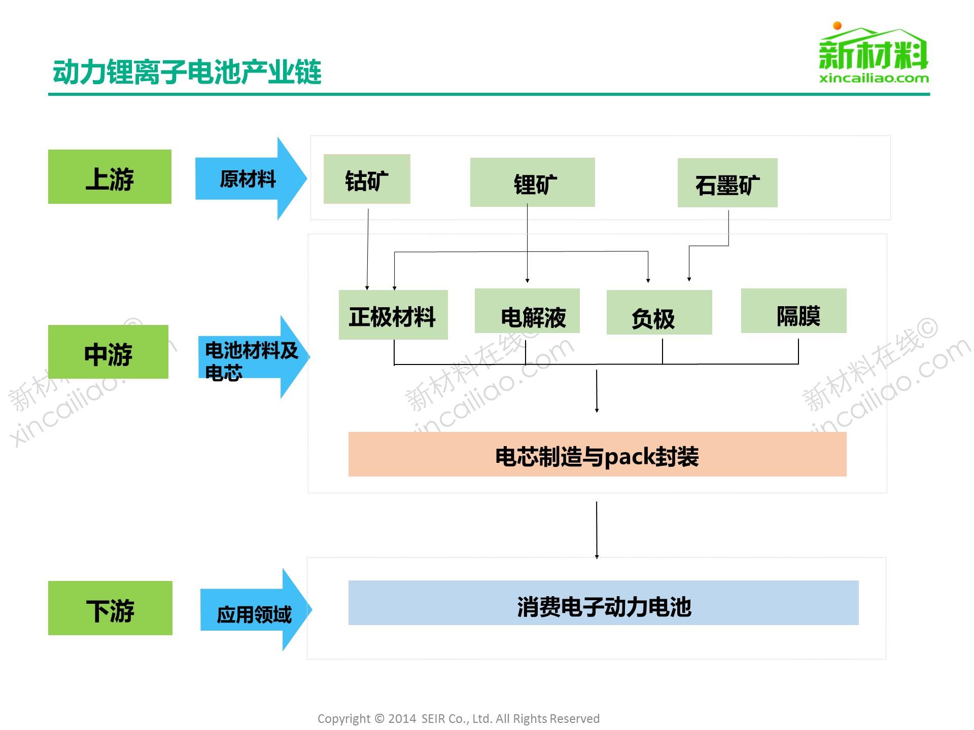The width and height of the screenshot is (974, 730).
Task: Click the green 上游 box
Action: (110, 177)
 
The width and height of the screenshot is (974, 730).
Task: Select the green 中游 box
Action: (108, 352)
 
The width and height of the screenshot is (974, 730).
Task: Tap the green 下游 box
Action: (110, 608)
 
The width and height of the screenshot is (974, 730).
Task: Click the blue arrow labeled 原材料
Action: (249, 178)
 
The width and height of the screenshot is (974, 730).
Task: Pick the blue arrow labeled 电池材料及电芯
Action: (251, 357)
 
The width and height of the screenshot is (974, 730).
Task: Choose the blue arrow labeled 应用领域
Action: (254, 610)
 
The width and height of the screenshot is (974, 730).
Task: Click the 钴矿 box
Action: (367, 179)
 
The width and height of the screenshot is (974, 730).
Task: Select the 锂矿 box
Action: (532, 182)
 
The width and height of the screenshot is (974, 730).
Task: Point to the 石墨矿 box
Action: (727, 183)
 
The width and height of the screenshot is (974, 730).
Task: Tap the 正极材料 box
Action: (393, 315)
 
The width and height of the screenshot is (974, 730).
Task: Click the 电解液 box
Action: (527, 311)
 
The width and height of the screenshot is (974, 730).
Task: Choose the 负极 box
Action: (659, 312)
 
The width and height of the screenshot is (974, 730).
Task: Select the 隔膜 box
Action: (793, 311)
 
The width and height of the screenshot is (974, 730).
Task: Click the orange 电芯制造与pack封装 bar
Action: (597, 454)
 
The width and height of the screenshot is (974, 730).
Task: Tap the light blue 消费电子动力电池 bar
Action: (603, 603)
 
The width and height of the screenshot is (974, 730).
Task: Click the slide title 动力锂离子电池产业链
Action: (187, 71)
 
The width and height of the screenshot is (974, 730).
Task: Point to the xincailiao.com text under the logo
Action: (874, 79)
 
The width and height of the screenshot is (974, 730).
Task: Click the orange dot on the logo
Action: (838, 25)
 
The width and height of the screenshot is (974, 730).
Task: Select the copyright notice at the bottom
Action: (458, 718)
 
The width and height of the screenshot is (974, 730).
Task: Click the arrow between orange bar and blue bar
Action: (597, 530)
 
